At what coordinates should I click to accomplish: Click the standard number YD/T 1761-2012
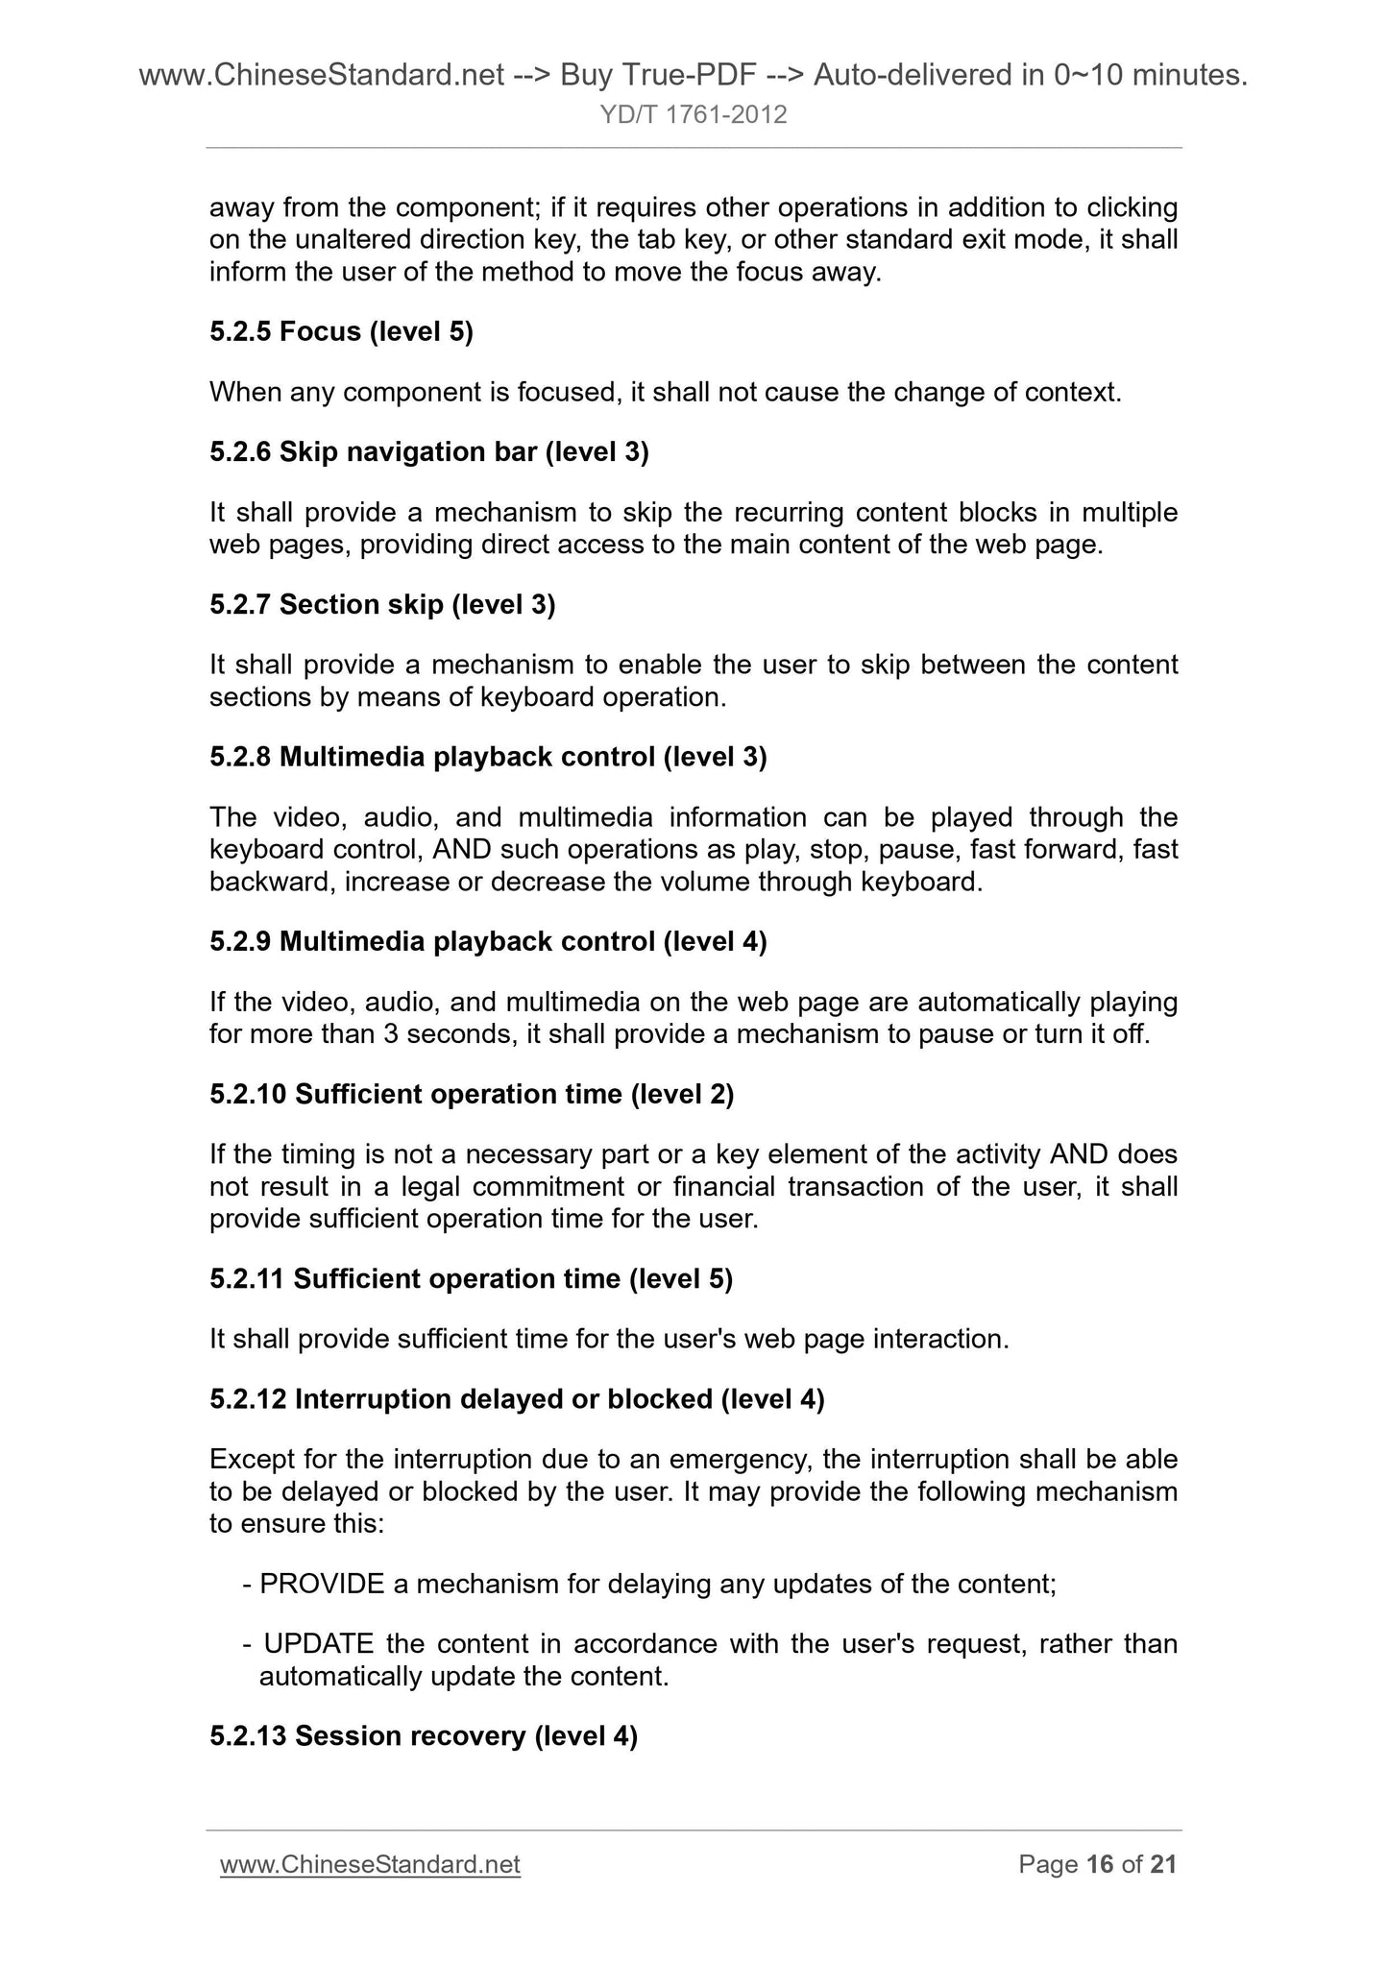[694, 115]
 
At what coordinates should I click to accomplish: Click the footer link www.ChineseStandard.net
[370, 1864]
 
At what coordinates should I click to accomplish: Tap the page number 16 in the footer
[1099, 1864]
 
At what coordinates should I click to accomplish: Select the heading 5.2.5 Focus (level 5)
[341, 332]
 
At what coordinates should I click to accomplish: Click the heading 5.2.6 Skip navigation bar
[429, 452]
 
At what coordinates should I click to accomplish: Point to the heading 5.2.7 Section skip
[382, 605]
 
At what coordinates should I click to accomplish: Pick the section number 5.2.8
[240, 758]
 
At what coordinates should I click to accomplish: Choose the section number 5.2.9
[240, 942]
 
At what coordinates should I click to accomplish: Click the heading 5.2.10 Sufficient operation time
[472, 1095]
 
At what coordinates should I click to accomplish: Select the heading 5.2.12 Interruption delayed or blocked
[517, 1399]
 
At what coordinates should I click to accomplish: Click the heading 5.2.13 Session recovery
[424, 1736]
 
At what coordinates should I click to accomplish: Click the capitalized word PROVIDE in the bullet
[322, 1584]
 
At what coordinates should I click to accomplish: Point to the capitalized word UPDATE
[317, 1644]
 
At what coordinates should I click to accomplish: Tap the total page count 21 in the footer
[1163, 1864]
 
